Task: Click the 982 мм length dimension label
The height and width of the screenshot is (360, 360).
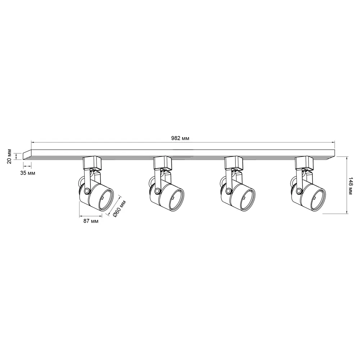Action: pyautogui.click(x=180, y=138)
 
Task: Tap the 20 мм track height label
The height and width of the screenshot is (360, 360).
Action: pyautogui.click(x=9, y=157)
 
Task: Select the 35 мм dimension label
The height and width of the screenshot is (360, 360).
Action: pyautogui.click(x=28, y=173)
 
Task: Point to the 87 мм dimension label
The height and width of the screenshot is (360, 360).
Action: pyautogui.click(x=91, y=221)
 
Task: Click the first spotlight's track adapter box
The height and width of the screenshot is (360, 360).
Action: pyautogui.click(x=92, y=163)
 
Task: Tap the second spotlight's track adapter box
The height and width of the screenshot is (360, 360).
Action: pyautogui.click(x=163, y=163)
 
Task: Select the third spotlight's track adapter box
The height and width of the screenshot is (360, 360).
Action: pyautogui.click(x=234, y=163)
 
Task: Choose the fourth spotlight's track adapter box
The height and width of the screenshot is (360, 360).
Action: pyautogui.click(x=305, y=163)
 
